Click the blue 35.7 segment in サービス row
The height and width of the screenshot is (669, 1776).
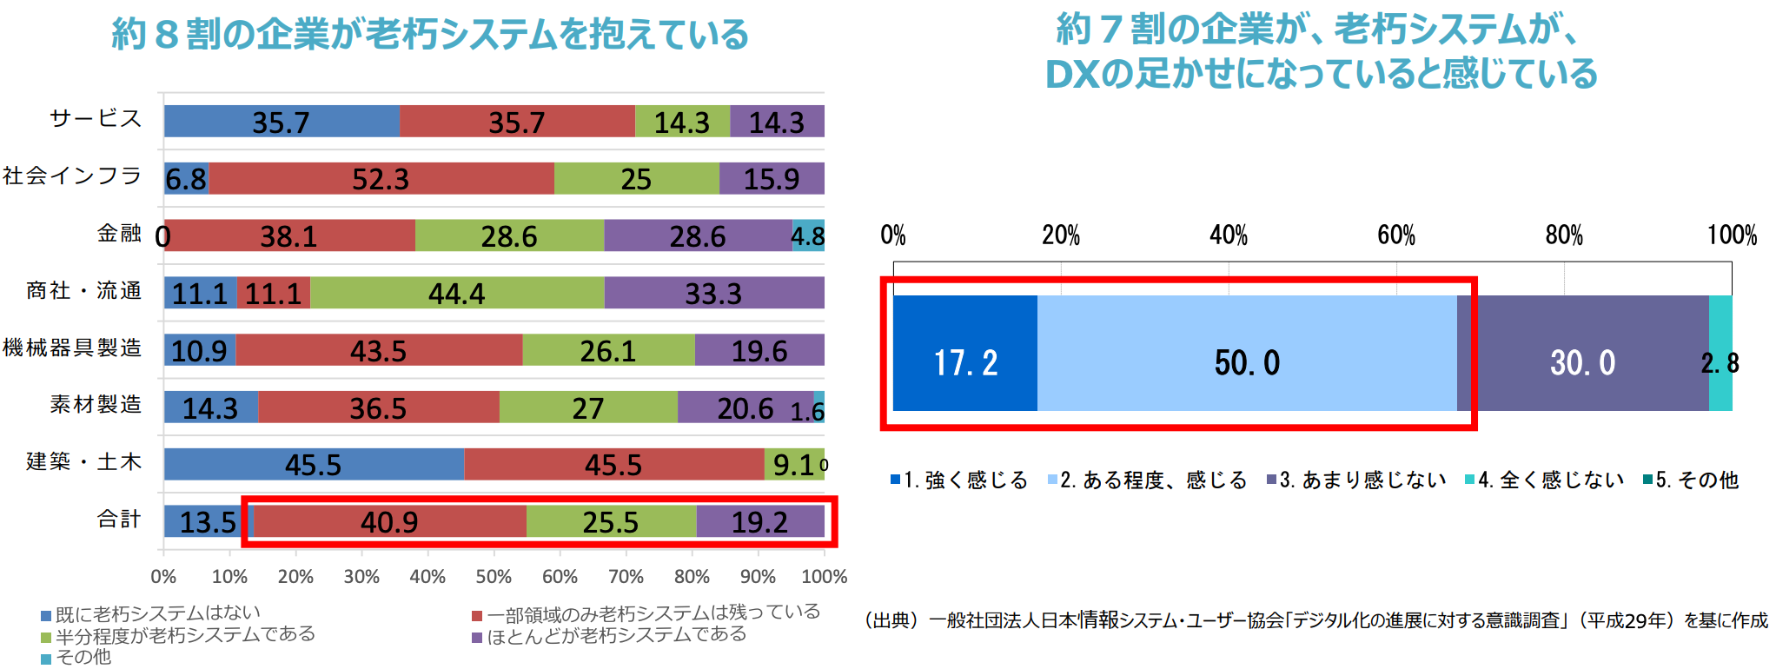click(281, 122)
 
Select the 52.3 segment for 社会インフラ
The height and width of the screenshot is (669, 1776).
click(381, 179)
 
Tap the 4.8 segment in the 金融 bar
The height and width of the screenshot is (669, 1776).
click(808, 235)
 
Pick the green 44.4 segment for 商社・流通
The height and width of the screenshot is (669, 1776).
click(456, 293)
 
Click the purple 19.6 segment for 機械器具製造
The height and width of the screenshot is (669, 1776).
click(759, 350)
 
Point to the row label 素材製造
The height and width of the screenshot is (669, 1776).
click(96, 405)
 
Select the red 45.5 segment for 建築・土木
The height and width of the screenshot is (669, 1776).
click(613, 465)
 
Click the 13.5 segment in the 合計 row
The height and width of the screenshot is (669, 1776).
click(207, 522)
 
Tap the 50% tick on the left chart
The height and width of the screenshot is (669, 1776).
click(494, 576)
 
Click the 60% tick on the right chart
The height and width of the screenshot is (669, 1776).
click(1395, 235)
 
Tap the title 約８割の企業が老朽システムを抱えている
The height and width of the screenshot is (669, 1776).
click(430, 35)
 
